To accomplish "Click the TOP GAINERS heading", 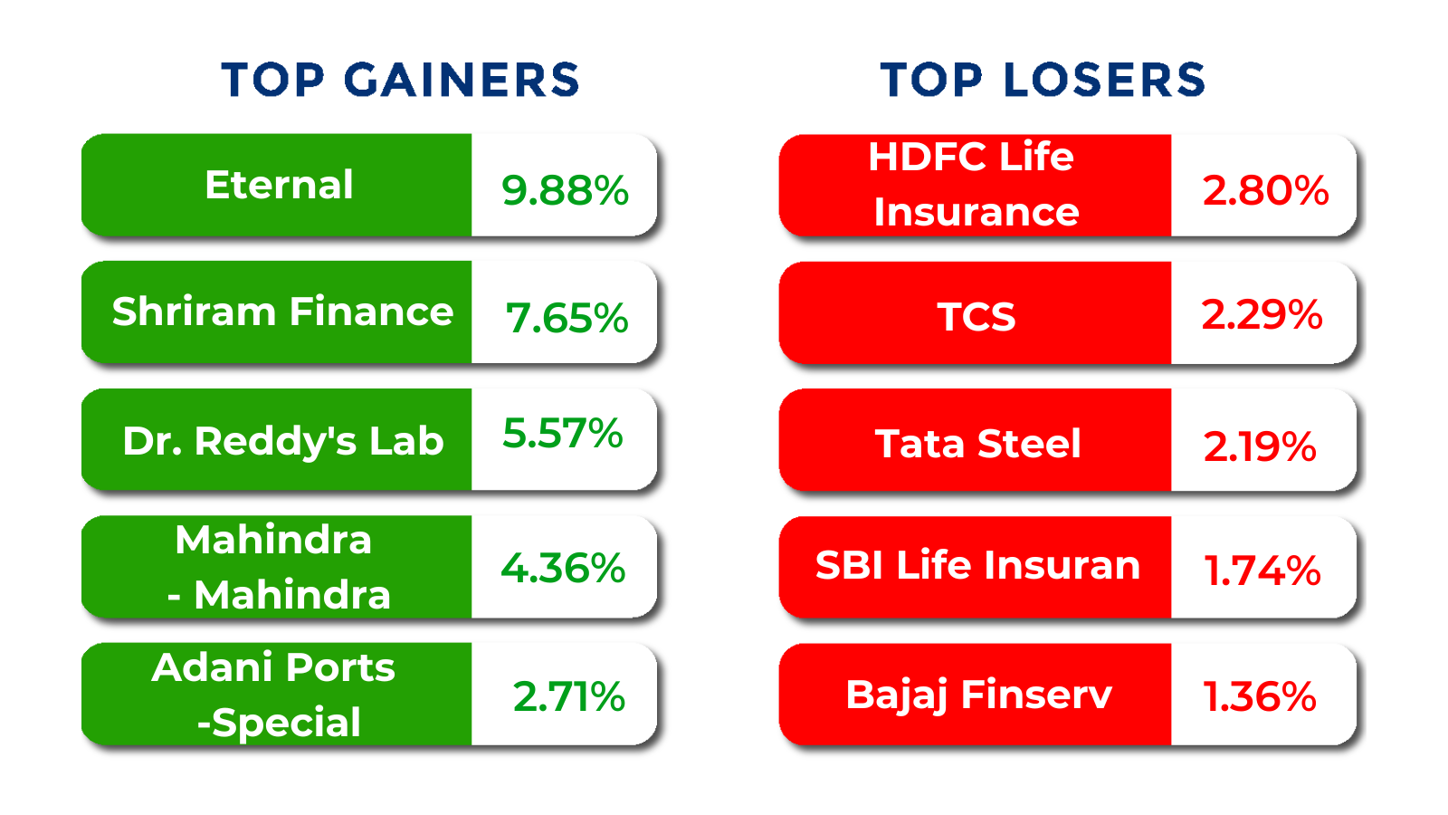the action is pos(400,81).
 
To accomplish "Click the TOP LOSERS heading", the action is pos(1043,81).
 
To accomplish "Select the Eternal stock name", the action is pos(280,185).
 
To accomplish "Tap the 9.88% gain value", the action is pos(565,191).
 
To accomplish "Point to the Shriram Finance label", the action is pos(282,312).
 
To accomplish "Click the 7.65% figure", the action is pos(567,318).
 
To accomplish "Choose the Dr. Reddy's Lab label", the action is pos(283,441).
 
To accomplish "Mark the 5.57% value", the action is pos(562,433).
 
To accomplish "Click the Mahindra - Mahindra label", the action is pos(279,567).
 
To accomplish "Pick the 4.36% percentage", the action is pos(563,569).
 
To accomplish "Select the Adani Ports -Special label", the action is pos(274,695).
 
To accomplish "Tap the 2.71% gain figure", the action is pos(569,696).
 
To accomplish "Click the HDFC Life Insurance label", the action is pos(974,185).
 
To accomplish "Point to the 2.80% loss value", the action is pos(1266,191).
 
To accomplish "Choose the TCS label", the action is pos(976,317).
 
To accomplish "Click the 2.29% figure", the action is pos(1262,315).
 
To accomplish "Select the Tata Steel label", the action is pos(978,444).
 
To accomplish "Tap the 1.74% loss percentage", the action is pos(1262,571).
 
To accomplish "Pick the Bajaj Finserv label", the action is pos(978,695).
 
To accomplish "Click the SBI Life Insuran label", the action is pos(977,565).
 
